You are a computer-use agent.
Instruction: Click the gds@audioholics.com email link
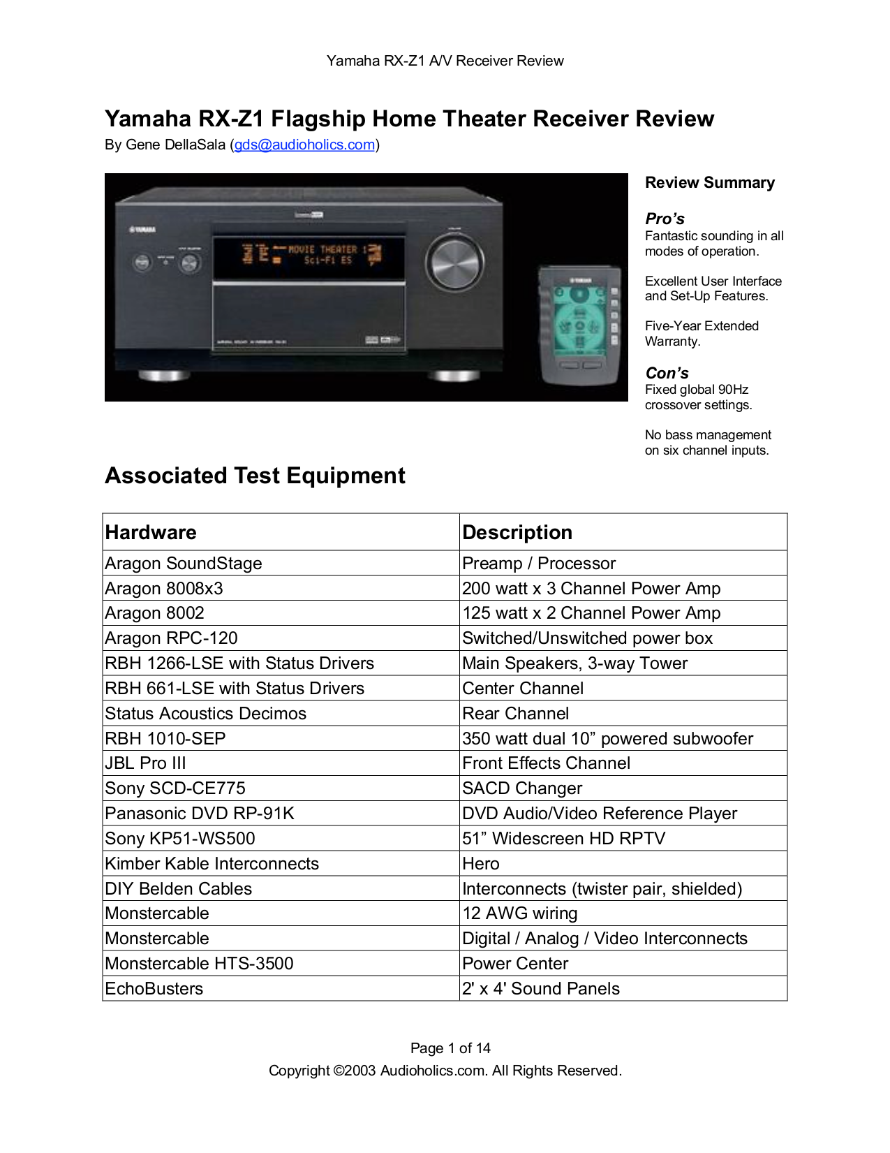tap(304, 145)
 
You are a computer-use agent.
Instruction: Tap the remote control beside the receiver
tap(579, 325)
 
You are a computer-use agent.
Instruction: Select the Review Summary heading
tap(709, 183)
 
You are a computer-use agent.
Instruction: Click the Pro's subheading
tap(665, 219)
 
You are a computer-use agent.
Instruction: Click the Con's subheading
tap(667, 373)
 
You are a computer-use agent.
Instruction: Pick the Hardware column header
tap(151, 532)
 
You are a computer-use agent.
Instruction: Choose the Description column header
tap(517, 532)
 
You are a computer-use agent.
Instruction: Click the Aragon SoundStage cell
tap(184, 564)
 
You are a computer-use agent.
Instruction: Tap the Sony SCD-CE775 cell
tap(175, 788)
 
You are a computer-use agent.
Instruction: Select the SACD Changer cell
tap(522, 788)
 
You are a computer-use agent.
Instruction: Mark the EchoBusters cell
tap(154, 989)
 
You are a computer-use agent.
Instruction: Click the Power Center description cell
tap(515, 964)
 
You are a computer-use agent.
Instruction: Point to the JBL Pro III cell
tap(145, 763)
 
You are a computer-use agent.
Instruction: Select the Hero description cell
tap(481, 864)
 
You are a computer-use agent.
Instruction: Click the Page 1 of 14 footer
tap(450, 1048)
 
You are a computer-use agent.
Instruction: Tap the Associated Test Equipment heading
tap(255, 476)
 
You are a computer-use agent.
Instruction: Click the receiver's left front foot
tap(164, 376)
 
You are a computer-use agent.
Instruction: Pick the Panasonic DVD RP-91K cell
tap(200, 814)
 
